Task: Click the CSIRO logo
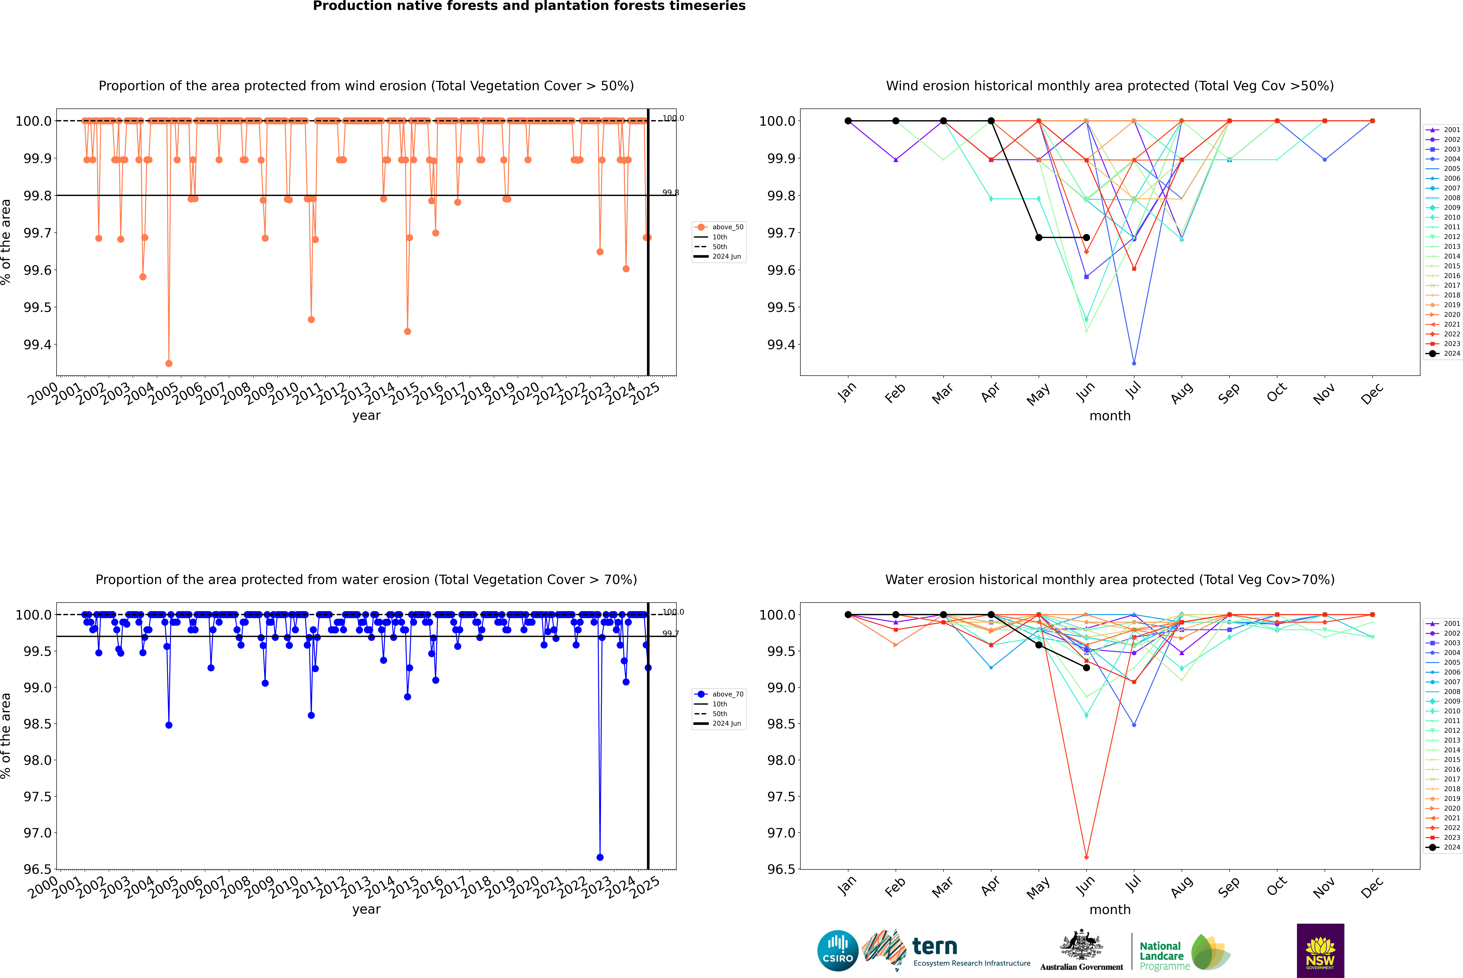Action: [838, 951]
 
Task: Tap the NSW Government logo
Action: [1320, 951]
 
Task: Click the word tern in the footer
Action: [934, 946]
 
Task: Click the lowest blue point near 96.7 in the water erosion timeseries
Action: [600, 857]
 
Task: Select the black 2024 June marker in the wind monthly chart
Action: [1086, 238]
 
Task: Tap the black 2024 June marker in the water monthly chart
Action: [1086, 667]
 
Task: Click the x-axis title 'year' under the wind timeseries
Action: [366, 415]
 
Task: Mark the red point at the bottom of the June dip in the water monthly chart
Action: [1086, 857]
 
